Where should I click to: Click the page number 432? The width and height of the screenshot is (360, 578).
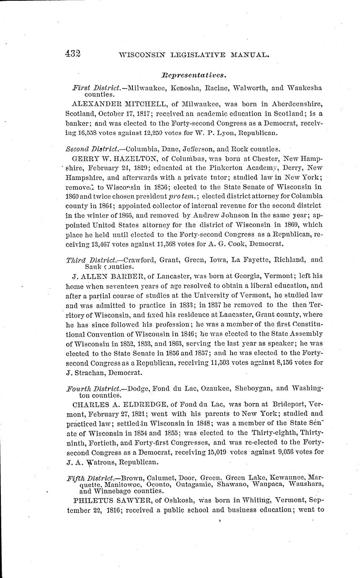pos(73,53)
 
